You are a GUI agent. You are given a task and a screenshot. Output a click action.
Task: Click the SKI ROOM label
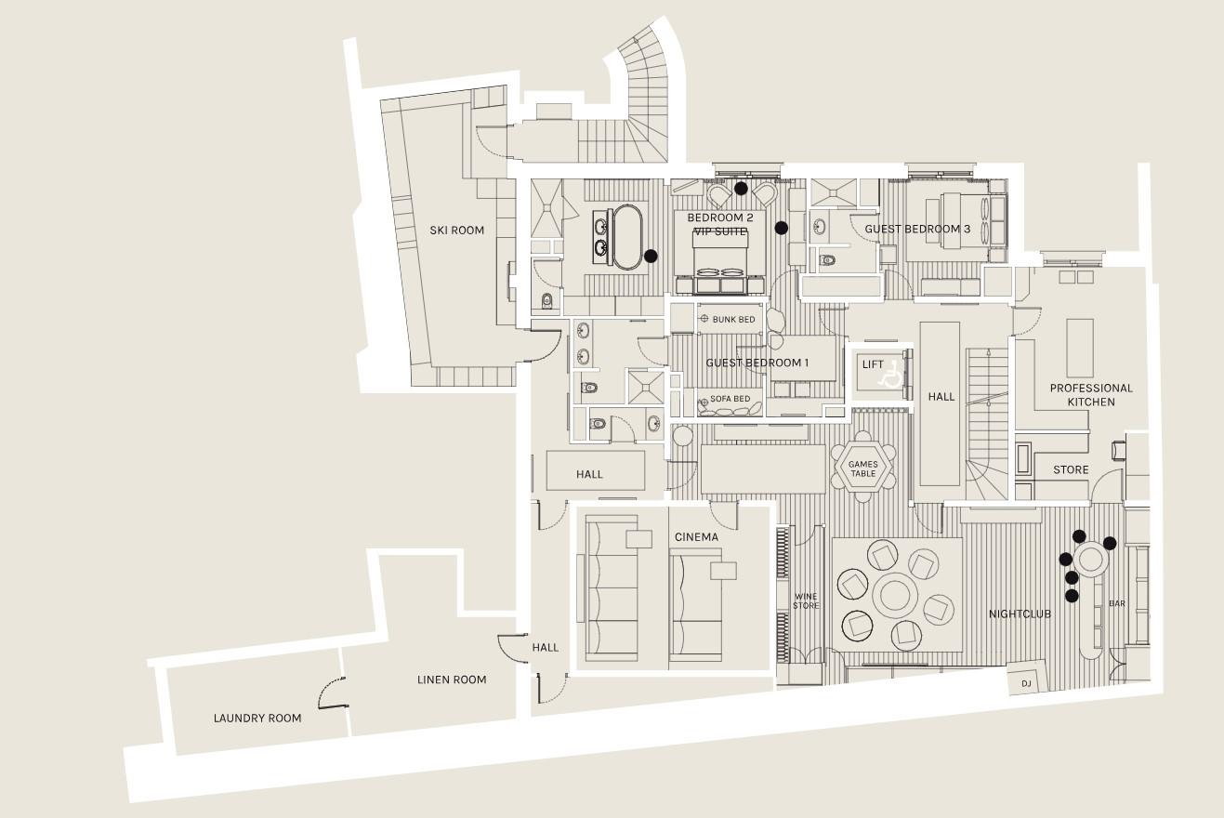tap(457, 230)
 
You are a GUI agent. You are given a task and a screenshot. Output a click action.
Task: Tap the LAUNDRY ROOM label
tap(257, 718)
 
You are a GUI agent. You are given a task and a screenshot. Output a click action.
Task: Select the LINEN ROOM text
tap(452, 679)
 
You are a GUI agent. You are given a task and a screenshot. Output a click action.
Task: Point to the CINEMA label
tap(696, 537)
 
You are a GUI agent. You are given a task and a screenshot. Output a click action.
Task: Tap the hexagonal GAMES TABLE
tap(862, 468)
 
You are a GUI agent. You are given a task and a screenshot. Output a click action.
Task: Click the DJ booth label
tap(1026, 683)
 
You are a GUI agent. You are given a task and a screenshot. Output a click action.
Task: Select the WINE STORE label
tap(806, 600)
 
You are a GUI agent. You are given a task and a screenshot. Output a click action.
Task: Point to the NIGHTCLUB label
tap(1020, 613)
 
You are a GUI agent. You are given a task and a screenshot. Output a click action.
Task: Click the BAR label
tap(1117, 603)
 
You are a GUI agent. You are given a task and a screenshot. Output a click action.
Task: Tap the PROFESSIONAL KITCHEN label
tap(1091, 394)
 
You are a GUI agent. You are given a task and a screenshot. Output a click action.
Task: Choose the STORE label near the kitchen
tap(1071, 469)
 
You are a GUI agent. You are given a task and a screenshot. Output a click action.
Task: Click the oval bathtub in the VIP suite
tap(626, 237)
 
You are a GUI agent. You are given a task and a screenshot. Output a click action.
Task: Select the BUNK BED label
tap(734, 319)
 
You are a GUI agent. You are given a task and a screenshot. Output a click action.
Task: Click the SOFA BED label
tap(730, 399)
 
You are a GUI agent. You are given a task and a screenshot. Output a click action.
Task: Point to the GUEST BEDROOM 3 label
tap(917, 229)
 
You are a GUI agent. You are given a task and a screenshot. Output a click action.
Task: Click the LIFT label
tap(873, 364)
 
